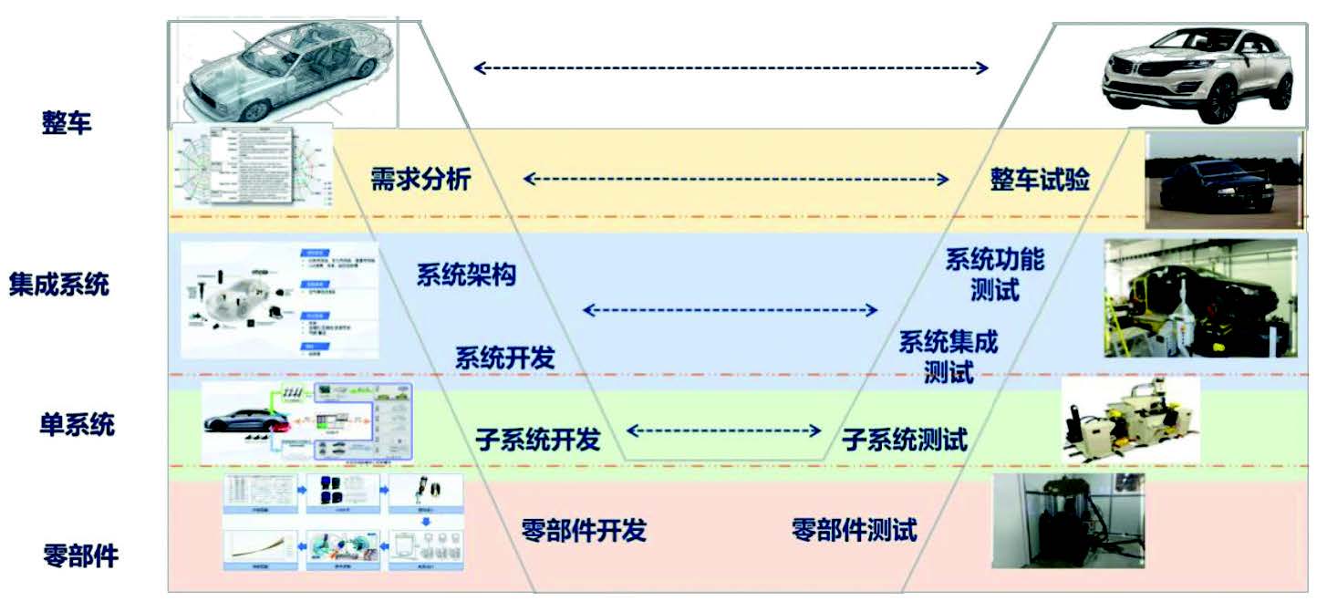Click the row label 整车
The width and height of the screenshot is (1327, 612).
pos(67,122)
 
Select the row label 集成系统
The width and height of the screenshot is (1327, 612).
pos(59,284)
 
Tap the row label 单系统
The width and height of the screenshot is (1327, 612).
pos(78,424)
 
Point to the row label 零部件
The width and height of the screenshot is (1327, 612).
pos(81,555)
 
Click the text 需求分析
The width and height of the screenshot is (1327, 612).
pos(420,179)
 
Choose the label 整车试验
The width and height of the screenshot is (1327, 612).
pos(1040,180)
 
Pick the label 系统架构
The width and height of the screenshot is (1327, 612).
pos(466,275)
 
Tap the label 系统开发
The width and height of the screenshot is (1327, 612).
pos(504,358)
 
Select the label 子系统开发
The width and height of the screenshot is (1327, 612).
pos(537,440)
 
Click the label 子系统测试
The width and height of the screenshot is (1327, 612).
pos(904,440)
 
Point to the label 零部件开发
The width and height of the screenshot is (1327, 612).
pos(584,530)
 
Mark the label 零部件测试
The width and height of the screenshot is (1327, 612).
pos(854,529)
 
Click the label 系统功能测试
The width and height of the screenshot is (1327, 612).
pos(994,275)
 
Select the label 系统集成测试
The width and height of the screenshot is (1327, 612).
pos(949,357)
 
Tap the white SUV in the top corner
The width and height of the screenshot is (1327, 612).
pos(1197,75)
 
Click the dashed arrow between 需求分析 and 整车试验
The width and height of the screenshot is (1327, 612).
pos(735,180)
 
